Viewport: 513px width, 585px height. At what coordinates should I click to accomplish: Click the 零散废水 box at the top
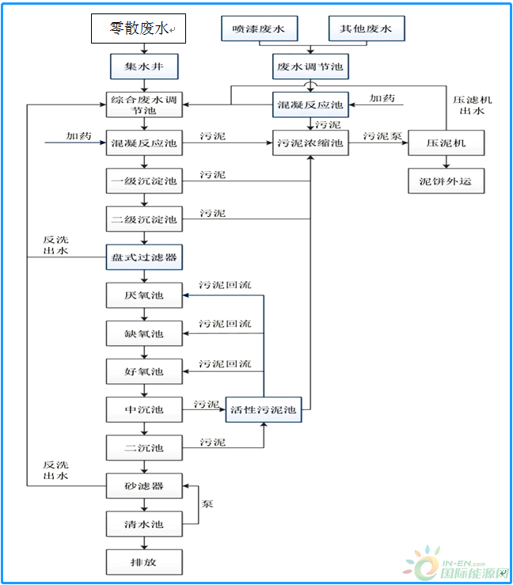138,29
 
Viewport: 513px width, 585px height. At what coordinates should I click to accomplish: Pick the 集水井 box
144,65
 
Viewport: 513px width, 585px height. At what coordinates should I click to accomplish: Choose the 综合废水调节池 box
144,105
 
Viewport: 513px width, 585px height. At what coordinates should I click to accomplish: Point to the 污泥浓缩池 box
310,144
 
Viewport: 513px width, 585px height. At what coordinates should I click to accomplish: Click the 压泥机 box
446,144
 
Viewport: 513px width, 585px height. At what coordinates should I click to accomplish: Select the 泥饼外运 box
446,181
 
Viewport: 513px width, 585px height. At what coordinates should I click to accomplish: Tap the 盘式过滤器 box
144,257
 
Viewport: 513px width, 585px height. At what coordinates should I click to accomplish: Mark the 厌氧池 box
144,295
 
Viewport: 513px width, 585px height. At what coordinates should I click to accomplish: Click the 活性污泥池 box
264,409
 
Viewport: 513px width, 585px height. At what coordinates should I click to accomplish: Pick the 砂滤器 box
144,485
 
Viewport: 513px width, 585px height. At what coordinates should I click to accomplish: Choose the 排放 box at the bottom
144,562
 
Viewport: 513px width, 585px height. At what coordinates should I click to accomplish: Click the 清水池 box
144,523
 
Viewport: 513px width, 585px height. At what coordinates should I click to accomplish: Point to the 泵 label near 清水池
207,504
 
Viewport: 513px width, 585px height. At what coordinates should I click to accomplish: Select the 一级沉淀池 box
144,181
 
